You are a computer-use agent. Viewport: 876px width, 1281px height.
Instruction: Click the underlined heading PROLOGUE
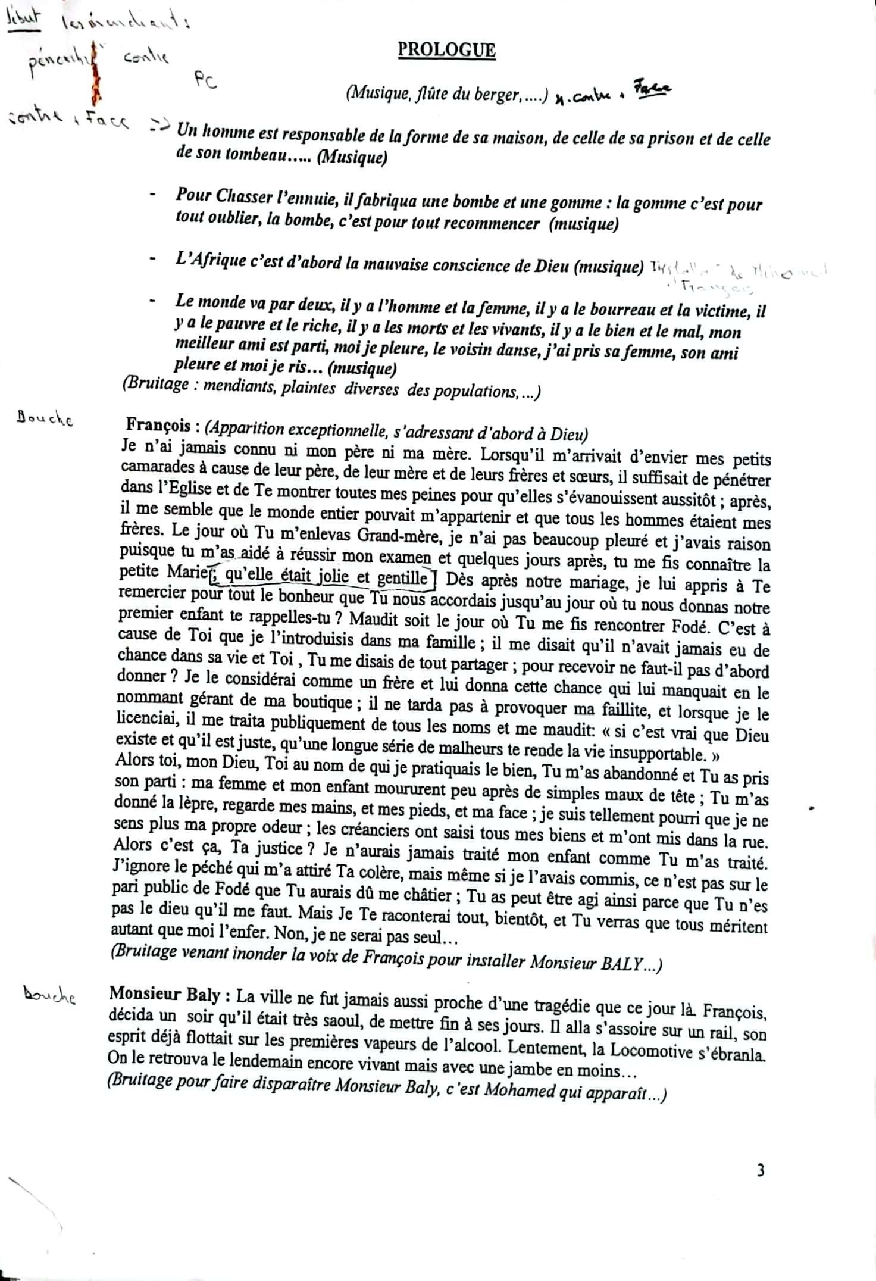pyautogui.click(x=446, y=49)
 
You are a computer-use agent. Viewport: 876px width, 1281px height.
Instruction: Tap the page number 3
pyautogui.click(x=761, y=1171)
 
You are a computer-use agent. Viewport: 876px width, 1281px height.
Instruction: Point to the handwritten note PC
pyautogui.click(x=205, y=82)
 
